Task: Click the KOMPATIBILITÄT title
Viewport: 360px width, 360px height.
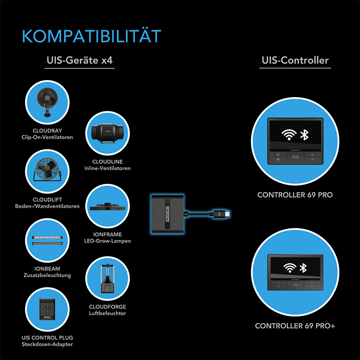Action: click(91, 36)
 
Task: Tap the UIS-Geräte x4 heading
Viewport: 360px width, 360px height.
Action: click(80, 60)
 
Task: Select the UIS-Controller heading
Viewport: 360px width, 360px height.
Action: click(295, 60)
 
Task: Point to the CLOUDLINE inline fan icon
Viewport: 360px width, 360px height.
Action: click(108, 133)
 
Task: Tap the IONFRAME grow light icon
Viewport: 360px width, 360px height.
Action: click(108, 206)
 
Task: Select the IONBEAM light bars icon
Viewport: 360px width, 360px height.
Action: click(47, 240)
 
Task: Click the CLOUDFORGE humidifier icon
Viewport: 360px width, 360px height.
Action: click(108, 279)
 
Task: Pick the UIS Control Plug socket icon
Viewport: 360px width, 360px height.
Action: click(47, 310)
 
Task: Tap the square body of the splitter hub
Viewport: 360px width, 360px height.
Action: click(167, 214)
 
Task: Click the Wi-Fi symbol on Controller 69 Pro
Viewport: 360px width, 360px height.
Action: click(289, 135)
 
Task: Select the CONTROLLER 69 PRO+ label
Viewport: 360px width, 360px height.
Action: click(295, 326)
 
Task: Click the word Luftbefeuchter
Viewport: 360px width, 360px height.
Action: click(108, 313)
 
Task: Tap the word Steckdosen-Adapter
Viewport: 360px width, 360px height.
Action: click(47, 344)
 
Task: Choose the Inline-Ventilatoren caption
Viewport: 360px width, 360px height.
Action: click(108, 168)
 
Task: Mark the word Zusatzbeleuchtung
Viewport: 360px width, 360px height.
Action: click(47, 275)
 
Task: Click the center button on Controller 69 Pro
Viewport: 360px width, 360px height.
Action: click(295, 157)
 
